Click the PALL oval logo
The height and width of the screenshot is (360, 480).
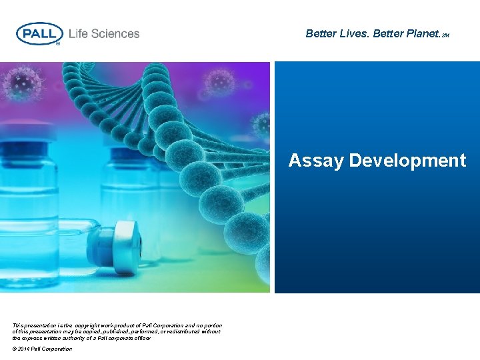point(39,33)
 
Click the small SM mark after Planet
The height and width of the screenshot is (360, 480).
point(445,35)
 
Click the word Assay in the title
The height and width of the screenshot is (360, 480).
point(316,161)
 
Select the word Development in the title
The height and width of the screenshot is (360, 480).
point(407,161)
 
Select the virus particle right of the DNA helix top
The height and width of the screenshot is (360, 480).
point(220,82)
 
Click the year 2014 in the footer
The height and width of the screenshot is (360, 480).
point(25,349)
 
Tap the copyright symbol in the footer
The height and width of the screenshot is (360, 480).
point(15,349)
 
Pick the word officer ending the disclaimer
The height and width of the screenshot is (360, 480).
point(141,338)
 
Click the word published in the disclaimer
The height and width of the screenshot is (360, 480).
point(99,331)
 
